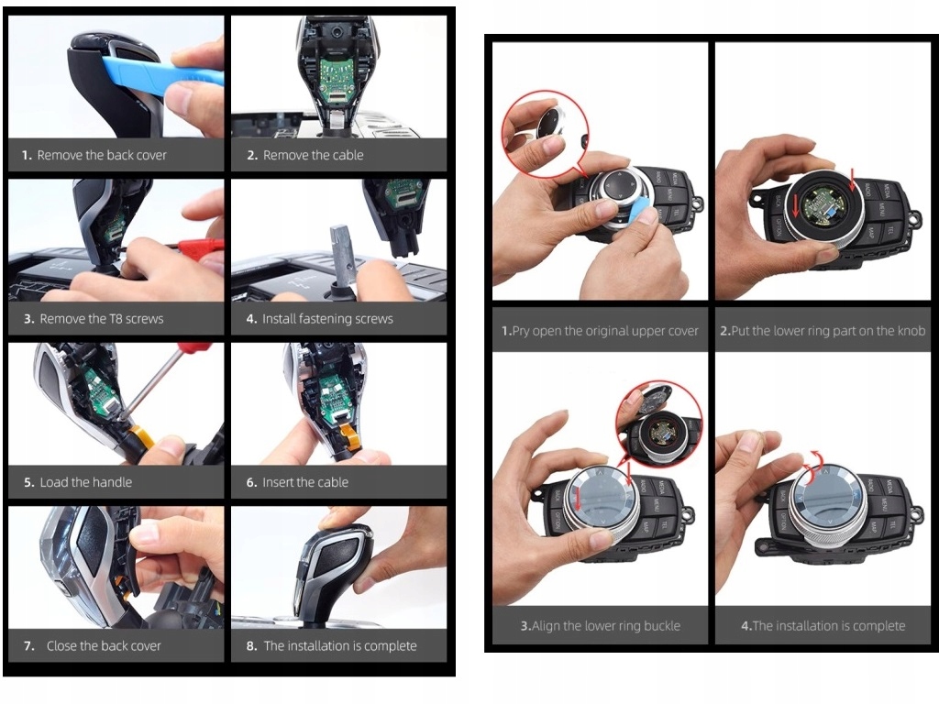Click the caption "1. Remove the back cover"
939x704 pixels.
(x=94, y=155)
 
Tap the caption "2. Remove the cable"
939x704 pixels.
(x=305, y=155)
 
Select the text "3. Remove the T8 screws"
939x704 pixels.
(x=94, y=319)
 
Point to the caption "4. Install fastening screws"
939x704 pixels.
(x=320, y=319)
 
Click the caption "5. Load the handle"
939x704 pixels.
(x=78, y=482)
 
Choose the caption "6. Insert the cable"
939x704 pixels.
(x=297, y=482)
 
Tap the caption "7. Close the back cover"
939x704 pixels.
(x=93, y=646)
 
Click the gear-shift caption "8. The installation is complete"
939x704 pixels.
(x=331, y=646)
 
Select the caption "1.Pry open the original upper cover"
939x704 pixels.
(x=600, y=331)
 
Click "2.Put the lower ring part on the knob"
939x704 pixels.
(x=823, y=331)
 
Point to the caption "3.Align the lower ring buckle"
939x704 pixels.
(x=600, y=626)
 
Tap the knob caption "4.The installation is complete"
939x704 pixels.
(x=823, y=626)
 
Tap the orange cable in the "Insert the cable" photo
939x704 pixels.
(x=349, y=433)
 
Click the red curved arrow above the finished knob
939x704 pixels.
(x=812, y=466)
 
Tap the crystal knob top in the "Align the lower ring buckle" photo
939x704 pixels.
(x=600, y=497)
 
